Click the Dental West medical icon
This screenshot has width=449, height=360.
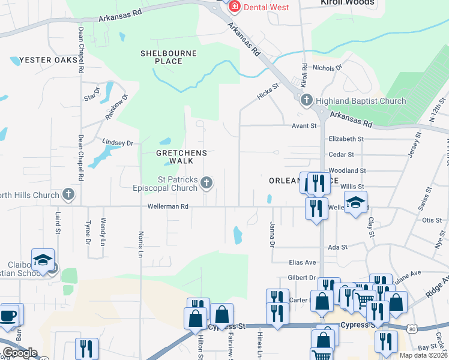[x=233, y=7]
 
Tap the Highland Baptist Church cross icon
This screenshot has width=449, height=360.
[x=306, y=100]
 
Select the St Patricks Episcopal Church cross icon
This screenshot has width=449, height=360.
[x=206, y=182]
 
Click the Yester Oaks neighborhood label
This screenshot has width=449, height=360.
[x=49, y=60]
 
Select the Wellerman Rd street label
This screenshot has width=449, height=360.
[x=169, y=206]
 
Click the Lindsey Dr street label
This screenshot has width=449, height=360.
[x=118, y=143]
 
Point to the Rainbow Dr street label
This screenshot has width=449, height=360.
[x=117, y=107]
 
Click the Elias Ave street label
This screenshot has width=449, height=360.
[x=302, y=262]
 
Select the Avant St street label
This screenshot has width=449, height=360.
[x=304, y=125]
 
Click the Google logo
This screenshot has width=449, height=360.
[x=20, y=353]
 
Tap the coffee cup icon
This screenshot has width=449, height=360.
[x=8, y=316]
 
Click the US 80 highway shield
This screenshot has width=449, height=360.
[x=411, y=329]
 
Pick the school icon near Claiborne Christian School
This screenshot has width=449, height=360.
[x=43, y=260]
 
